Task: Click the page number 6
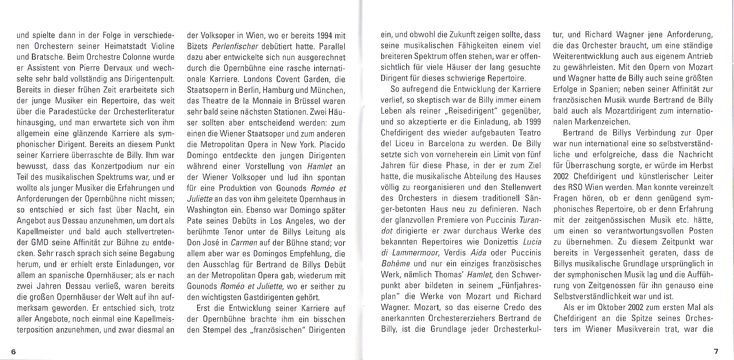13,351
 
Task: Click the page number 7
716,351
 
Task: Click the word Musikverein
641,329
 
